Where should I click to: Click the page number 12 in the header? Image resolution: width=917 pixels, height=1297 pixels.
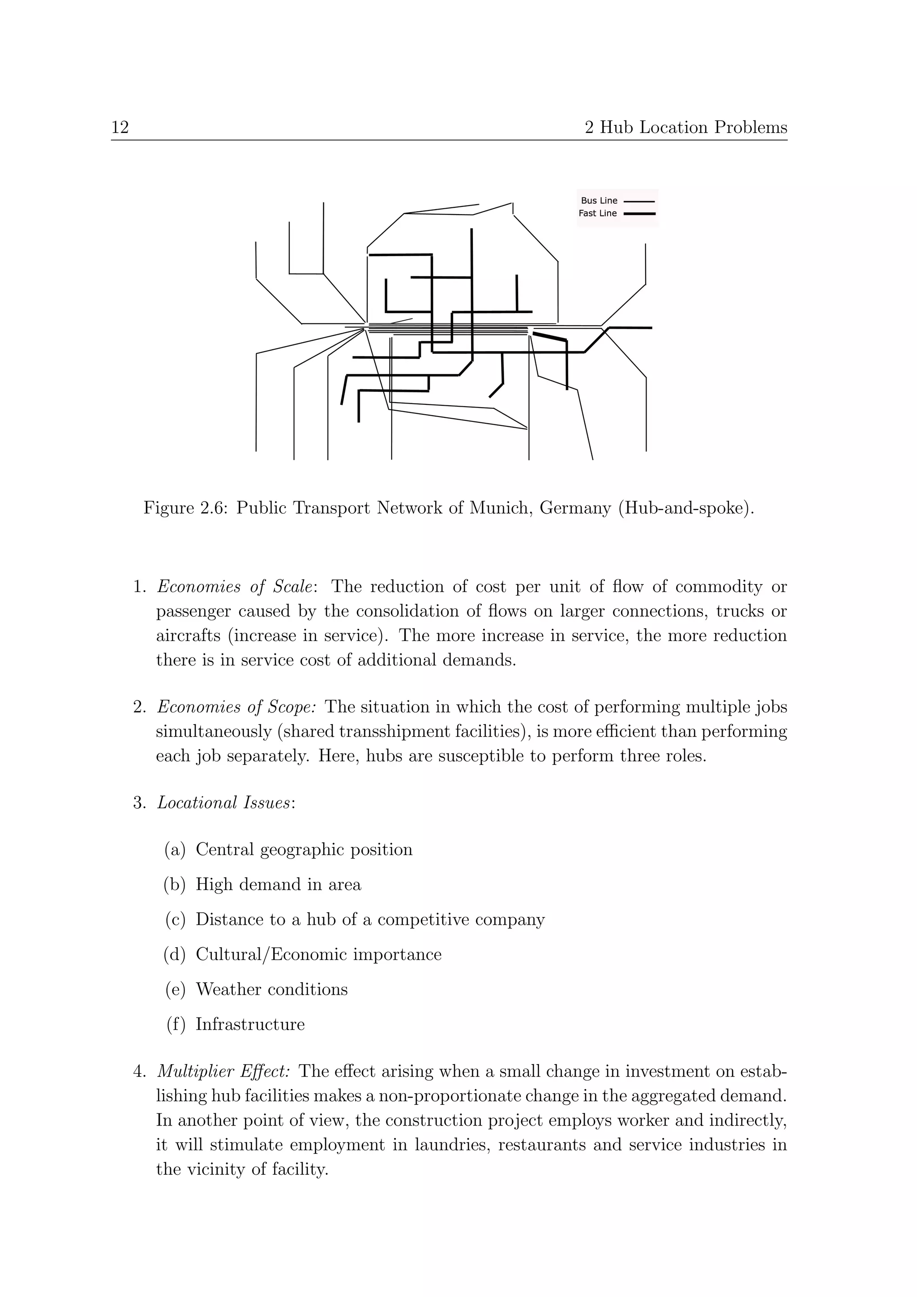(120, 128)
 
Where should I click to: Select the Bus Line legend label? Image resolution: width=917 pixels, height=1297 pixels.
(599, 201)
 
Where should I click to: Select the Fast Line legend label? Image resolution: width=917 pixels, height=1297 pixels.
(597, 213)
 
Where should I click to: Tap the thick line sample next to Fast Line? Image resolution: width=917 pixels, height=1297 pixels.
(639, 214)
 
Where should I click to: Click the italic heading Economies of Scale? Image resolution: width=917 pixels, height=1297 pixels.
(235, 587)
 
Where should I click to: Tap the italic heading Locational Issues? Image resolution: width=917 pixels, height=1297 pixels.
(224, 803)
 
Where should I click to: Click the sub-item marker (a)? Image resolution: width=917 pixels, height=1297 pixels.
(175, 850)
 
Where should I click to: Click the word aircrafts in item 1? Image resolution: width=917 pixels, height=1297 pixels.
(188, 636)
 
